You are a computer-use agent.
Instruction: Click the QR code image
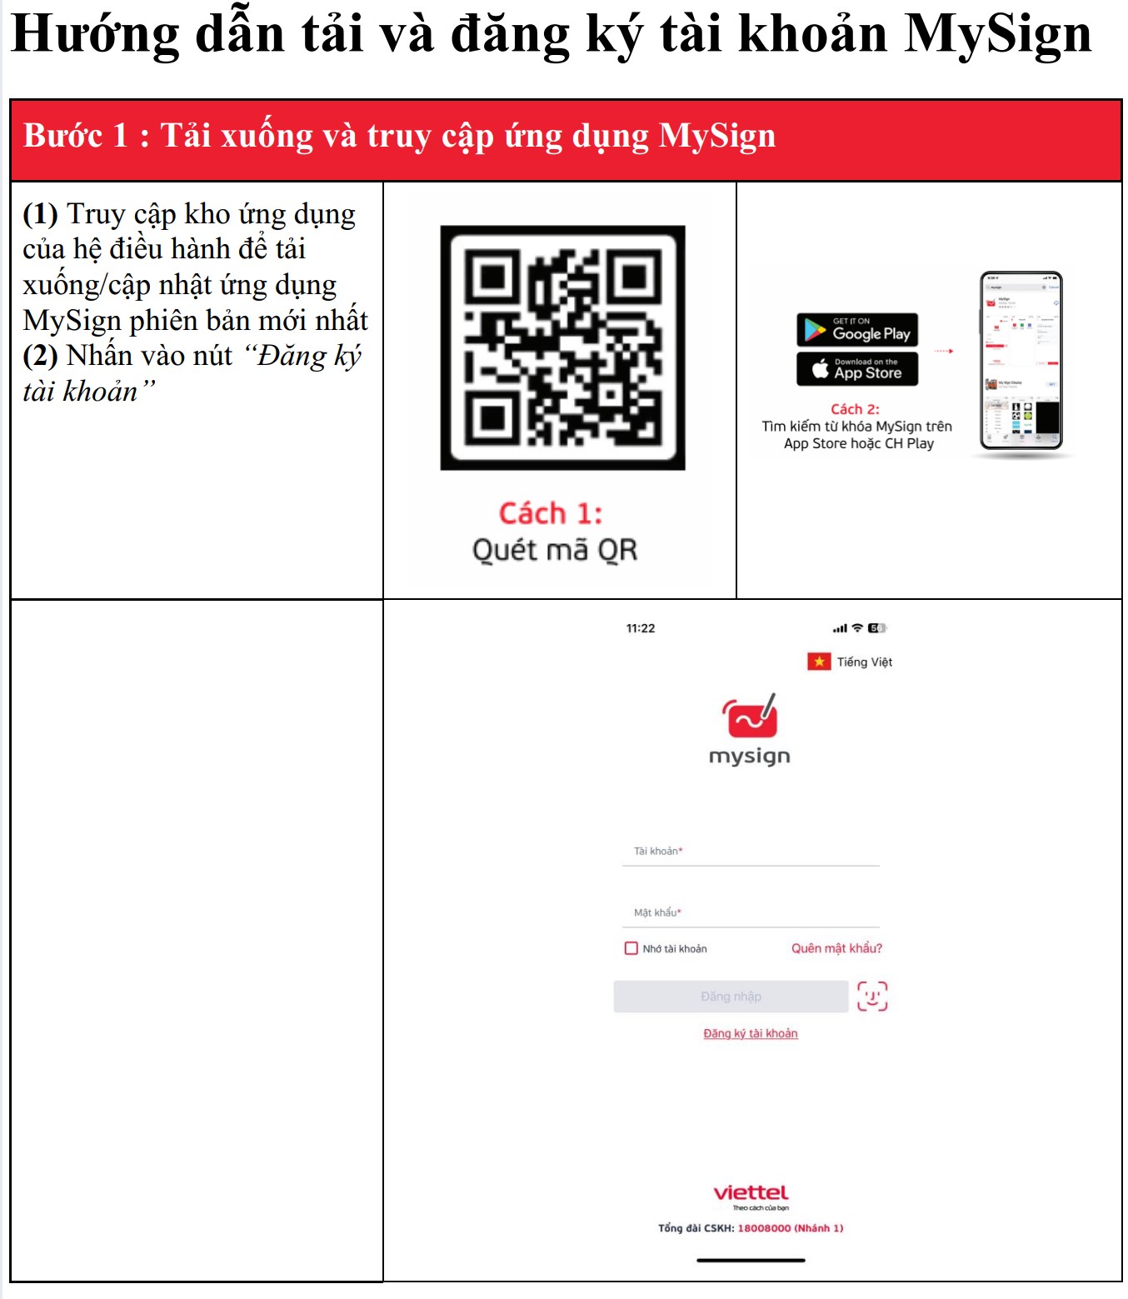point(562,347)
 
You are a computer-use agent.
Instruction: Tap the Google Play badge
point(857,330)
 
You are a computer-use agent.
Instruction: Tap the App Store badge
point(857,368)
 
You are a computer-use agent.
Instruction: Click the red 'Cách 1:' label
point(551,513)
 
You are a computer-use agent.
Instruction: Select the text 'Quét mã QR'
point(555,550)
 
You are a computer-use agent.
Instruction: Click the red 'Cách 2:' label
point(855,409)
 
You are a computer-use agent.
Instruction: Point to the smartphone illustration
point(1021,361)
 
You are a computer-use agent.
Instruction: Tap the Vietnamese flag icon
point(819,662)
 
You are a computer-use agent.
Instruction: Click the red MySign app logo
point(750,717)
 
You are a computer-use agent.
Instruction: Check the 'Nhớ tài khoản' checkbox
point(631,948)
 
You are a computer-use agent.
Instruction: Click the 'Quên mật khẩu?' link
point(836,948)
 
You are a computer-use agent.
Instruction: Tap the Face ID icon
point(872,996)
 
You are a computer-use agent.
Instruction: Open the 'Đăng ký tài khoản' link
point(751,1033)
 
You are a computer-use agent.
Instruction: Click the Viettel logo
point(751,1193)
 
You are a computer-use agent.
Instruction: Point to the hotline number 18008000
point(764,1228)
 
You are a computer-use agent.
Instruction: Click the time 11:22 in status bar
point(641,628)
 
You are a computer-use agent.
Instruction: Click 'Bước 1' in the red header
point(75,136)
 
